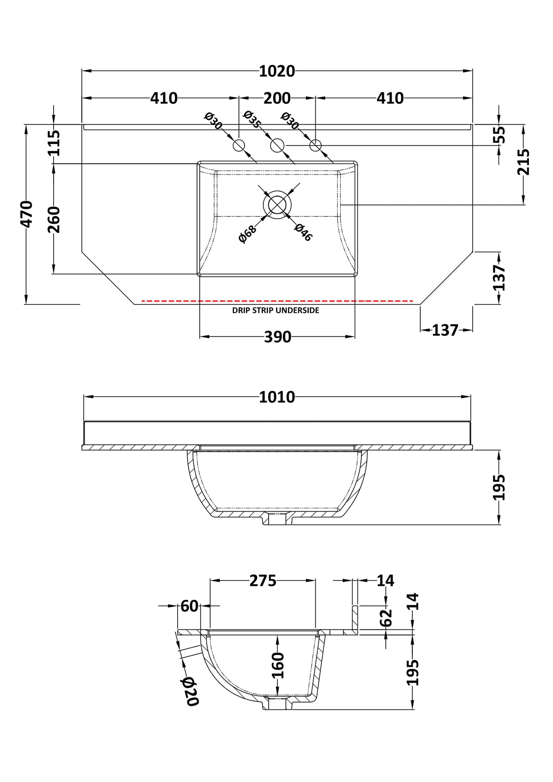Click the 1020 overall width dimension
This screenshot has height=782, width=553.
pyautogui.click(x=277, y=72)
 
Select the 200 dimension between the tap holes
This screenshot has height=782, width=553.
pyautogui.click(x=277, y=99)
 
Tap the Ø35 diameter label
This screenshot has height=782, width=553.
pyautogui.click(x=252, y=119)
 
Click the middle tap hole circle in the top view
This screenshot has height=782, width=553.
pyautogui.click(x=277, y=145)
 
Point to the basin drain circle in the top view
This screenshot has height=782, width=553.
pyautogui.click(x=277, y=205)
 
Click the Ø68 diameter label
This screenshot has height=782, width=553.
pyautogui.click(x=247, y=234)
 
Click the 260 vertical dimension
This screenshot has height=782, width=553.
pyautogui.click(x=54, y=219)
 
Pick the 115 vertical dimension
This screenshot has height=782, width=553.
pyautogui.click(x=54, y=143)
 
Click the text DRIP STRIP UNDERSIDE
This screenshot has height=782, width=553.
pyautogui.click(x=276, y=311)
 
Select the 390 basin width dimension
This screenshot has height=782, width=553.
pyautogui.click(x=277, y=337)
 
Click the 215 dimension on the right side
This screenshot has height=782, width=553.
pyautogui.click(x=523, y=162)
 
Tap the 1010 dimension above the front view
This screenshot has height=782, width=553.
pyautogui.click(x=277, y=398)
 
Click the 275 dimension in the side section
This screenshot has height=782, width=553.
pyautogui.click(x=263, y=581)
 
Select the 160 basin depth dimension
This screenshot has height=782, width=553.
pyautogui.click(x=278, y=665)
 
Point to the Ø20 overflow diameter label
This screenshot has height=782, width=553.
pyautogui.click(x=190, y=691)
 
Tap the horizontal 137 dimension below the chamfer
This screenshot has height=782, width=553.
pyautogui.click(x=445, y=330)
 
